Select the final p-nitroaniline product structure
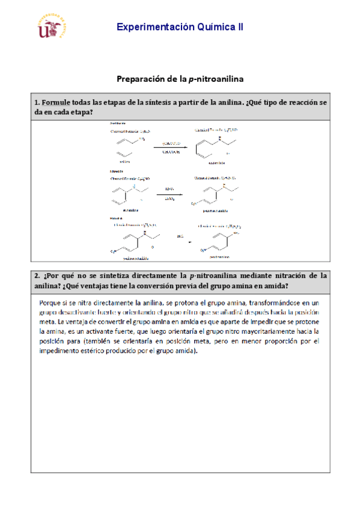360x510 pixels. coord(219,240)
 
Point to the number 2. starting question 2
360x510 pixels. coord(38,276)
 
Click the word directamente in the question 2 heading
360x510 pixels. coord(148,276)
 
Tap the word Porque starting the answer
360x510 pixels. coord(50,303)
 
